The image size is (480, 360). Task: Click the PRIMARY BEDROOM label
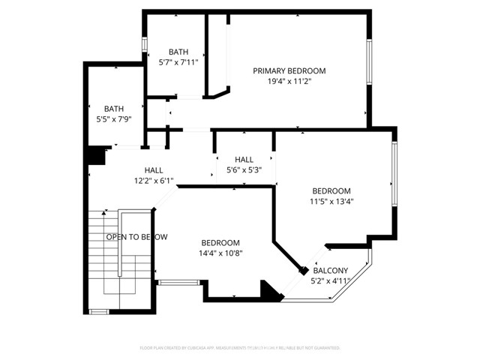click(289, 70)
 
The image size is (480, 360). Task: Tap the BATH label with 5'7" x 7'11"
click(178, 52)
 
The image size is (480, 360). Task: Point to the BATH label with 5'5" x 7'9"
click(114, 109)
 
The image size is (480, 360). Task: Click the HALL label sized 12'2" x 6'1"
click(154, 170)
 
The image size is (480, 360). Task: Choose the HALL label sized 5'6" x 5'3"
click(244, 160)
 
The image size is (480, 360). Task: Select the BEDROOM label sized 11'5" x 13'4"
click(331, 190)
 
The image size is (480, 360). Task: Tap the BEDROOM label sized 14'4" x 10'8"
click(220, 242)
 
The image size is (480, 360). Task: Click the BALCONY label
click(331, 271)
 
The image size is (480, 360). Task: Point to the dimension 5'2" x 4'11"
click(331, 281)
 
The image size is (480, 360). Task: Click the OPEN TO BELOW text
click(136, 237)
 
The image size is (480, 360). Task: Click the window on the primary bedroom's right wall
click(368, 61)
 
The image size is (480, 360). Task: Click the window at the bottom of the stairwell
click(98, 310)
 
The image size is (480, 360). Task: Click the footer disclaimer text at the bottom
click(240, 348)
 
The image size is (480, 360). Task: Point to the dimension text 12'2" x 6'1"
click(154, 181)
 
